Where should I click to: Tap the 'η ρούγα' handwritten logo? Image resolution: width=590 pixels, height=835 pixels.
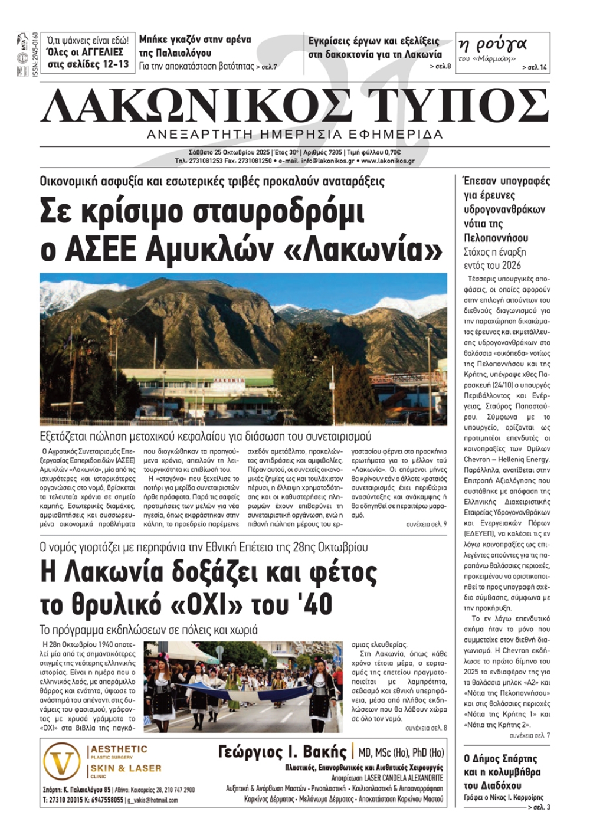coord(491,44)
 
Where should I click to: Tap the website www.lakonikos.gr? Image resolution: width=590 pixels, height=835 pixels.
coord(388,161)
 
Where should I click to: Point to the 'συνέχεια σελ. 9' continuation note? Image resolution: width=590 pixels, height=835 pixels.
coord(426,524)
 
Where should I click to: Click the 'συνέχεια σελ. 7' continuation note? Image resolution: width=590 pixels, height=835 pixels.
coord(529,735)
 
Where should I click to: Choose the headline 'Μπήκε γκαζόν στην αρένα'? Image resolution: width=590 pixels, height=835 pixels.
coord(195,40)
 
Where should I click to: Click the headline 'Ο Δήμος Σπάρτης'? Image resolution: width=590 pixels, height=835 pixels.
coord(500,758)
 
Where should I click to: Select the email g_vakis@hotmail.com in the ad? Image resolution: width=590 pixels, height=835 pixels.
coord(152,800)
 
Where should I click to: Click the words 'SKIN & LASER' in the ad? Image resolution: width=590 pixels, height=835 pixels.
coord(125,768)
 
